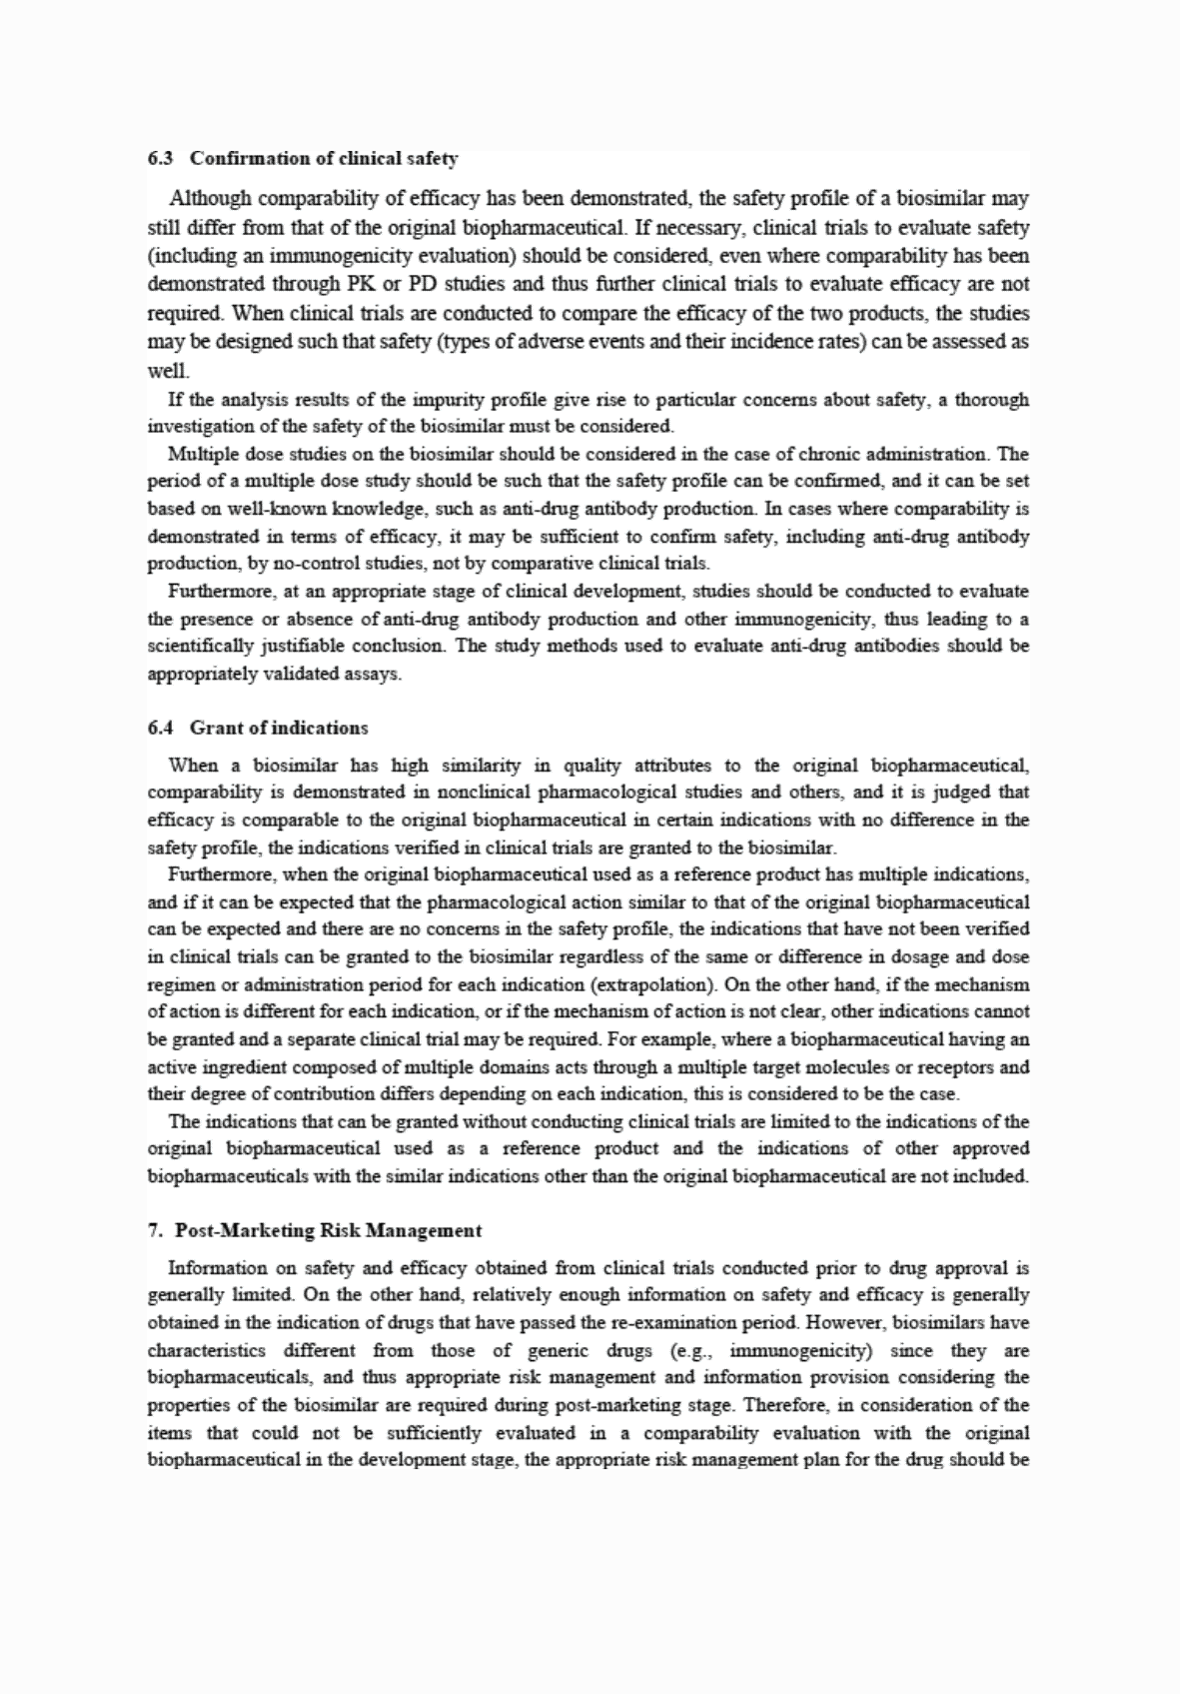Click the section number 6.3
tap(160, 158)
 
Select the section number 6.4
tap(160, 728)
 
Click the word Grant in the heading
tap(215, 728)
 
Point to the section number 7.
tap(153, 1230)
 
